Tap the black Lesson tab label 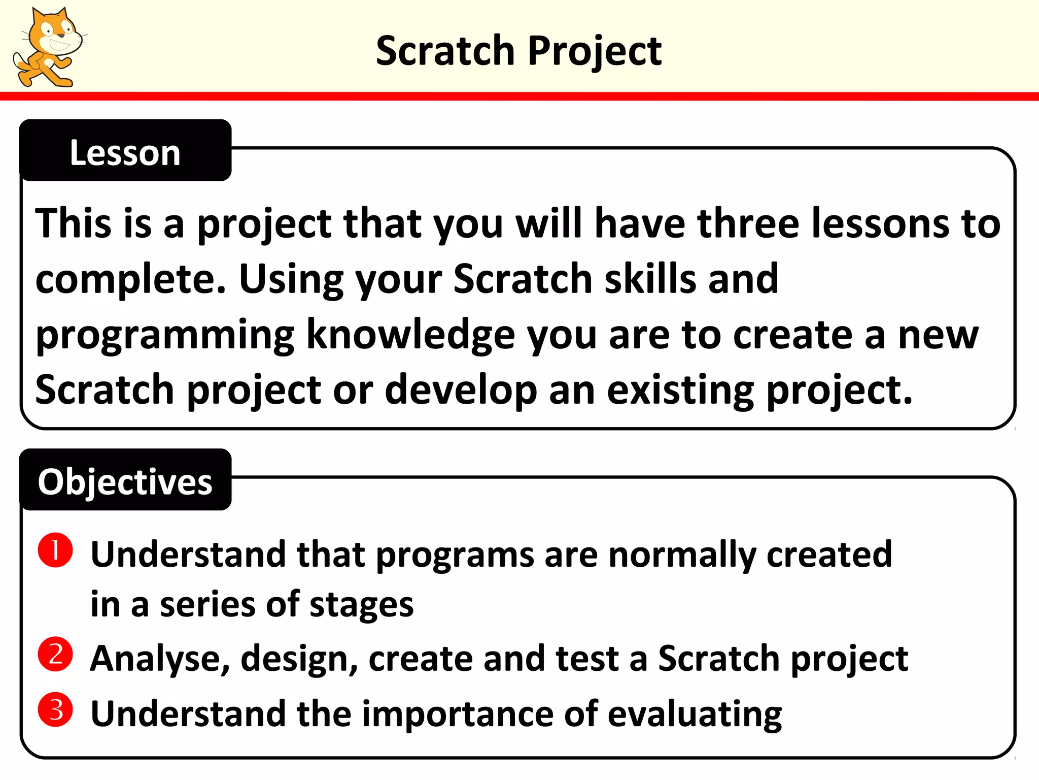tap(125, 152)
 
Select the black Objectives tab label tap(125, 481)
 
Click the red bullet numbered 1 tap(55, 550)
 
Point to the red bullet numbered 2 tap(55, 654)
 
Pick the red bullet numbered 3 tap(55, 709)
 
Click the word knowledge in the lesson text tap(411, 335)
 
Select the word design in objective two tap(299, 659)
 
